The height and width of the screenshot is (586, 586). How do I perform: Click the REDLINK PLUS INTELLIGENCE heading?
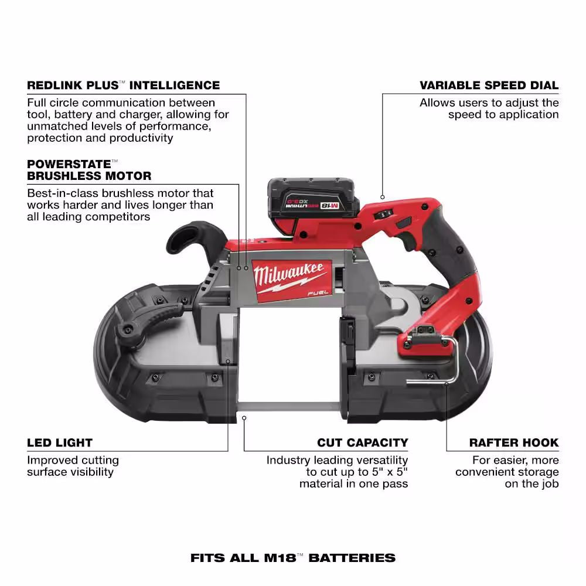click(x=123, y=86)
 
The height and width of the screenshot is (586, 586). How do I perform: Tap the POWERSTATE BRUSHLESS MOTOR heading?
click(x=89, y=170)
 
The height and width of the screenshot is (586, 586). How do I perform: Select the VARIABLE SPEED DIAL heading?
click(x=489, y=86)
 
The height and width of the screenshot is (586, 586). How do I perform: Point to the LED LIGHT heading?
click(x=60, y=443)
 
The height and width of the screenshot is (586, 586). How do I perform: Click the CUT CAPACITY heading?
click(x=362, y=443)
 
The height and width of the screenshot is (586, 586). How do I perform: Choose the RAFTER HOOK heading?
click(x=514, y=443)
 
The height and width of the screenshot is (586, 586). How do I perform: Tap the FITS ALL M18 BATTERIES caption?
click(x=293, y=557)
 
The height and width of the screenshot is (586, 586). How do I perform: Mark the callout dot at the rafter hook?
click(x=447, y=384)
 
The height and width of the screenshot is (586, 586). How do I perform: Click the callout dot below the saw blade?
click(x=245, y=417)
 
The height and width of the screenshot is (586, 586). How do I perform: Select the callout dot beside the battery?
click(x=382, y=197)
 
